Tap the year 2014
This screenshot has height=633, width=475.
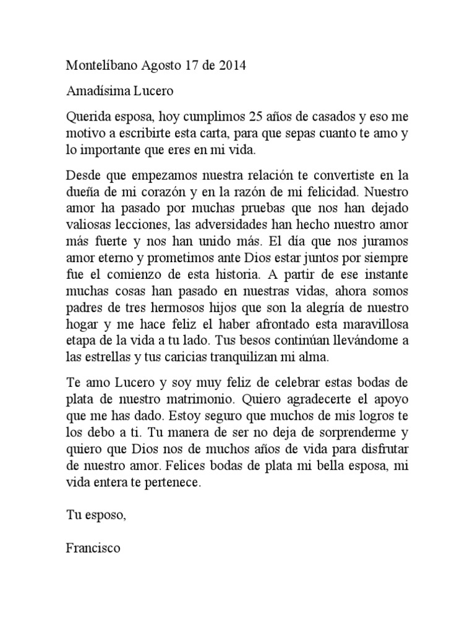coord(232,66)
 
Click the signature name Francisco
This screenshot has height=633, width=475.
coord(93,547)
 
